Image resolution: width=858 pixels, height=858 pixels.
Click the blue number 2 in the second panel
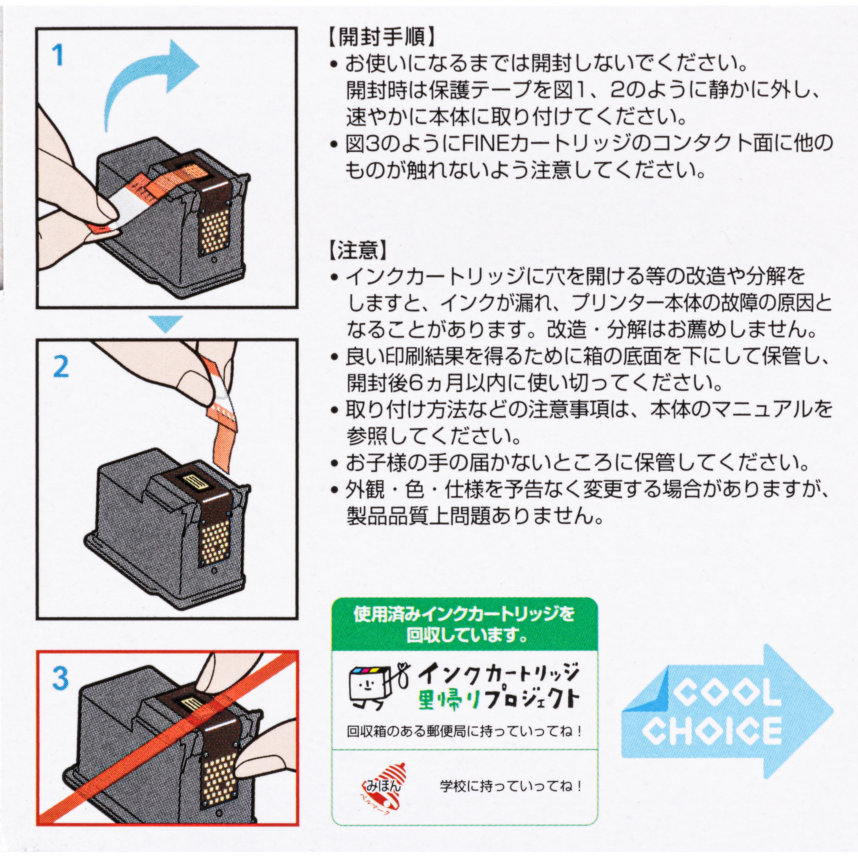pos(61,367)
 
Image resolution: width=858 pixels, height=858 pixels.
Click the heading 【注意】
pos(358,251)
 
